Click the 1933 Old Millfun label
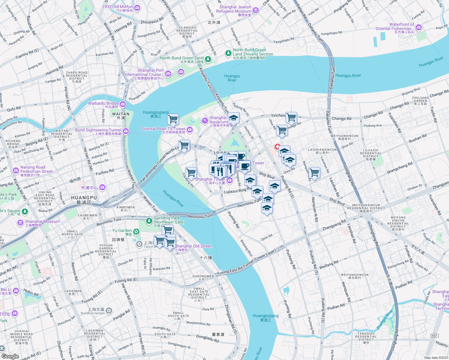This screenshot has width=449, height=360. point(117,7)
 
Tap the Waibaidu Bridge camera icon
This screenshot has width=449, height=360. point(123,104)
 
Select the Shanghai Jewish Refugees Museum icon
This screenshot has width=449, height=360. point(256,11)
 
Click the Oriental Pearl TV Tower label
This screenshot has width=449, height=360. point(163,129)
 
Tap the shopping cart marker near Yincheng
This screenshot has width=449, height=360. point(291,117)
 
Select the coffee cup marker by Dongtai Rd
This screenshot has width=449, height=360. point(245,166)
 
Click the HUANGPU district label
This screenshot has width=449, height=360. point(84,198)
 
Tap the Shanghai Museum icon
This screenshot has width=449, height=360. point(20,223)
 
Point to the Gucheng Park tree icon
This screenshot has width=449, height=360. point(149,221)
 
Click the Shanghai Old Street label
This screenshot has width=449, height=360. point(193,246)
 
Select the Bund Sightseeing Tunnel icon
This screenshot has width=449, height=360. point(126,131)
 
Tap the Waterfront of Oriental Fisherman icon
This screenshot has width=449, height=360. point(419,28)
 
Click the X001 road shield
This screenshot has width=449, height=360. point(434,336)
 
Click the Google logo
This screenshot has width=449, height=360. point(10,356)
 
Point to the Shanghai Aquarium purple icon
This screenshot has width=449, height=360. point(205,121)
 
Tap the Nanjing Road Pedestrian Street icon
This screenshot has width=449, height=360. point(16,170)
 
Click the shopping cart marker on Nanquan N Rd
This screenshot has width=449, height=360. point(314,173)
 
